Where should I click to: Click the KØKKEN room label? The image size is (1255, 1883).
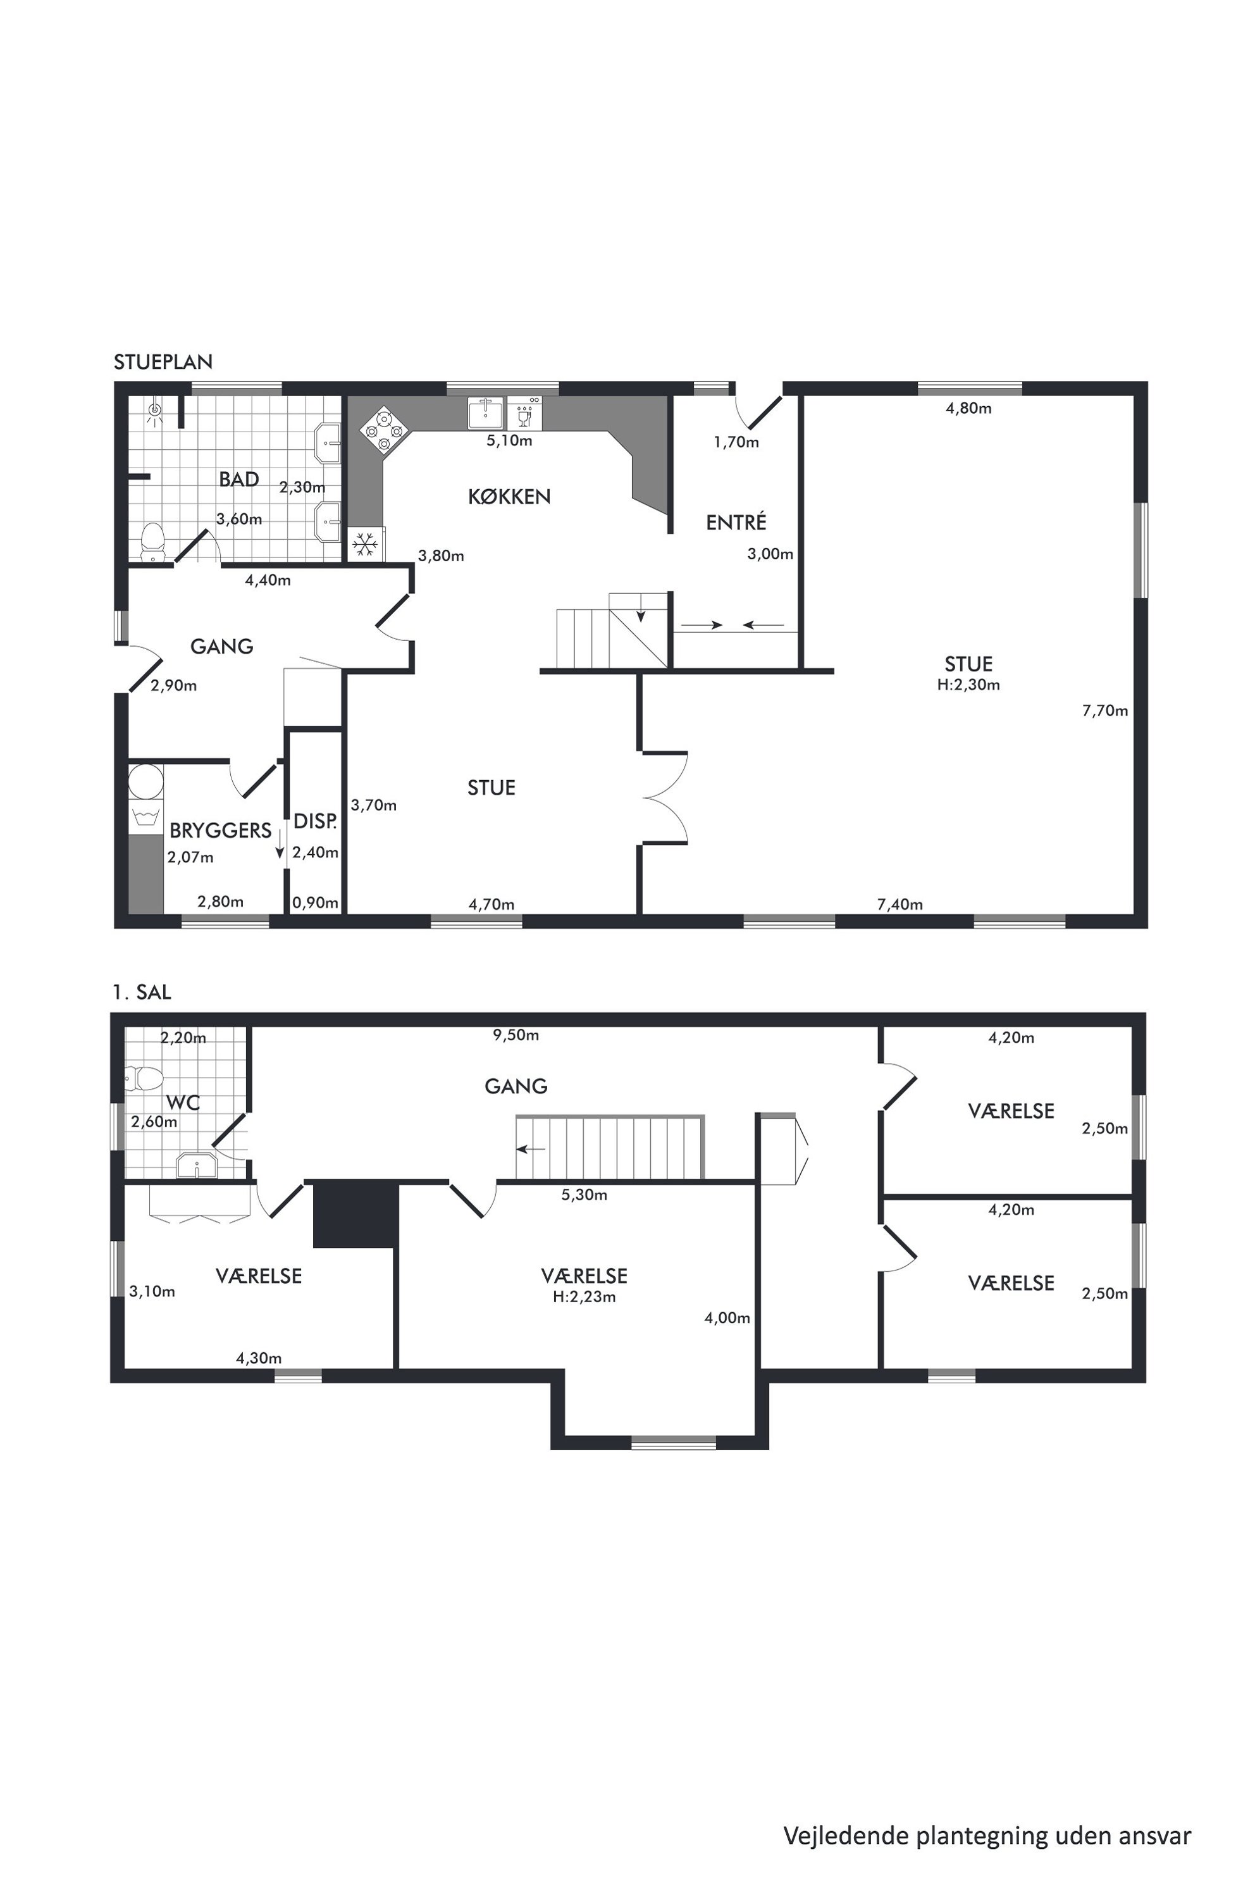coord(509,497)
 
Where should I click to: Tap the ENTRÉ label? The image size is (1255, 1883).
coord(736,522)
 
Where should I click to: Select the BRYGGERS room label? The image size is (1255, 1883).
coord(220,830)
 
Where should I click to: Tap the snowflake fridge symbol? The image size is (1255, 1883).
coord(366,544)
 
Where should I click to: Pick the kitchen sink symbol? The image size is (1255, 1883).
coord(486,414)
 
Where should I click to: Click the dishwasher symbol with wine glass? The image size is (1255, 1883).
coord(525,414)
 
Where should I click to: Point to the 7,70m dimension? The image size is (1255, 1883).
coord(1104,711)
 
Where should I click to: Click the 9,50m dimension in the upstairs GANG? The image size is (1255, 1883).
coord(516,1035)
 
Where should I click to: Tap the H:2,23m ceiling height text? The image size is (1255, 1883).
coord(584,1297)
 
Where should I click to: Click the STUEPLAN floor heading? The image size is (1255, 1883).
coord(163,362)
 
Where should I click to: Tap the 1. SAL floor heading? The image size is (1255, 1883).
coord(142,993)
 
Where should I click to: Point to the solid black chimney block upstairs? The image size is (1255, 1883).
coord(355,1214)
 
